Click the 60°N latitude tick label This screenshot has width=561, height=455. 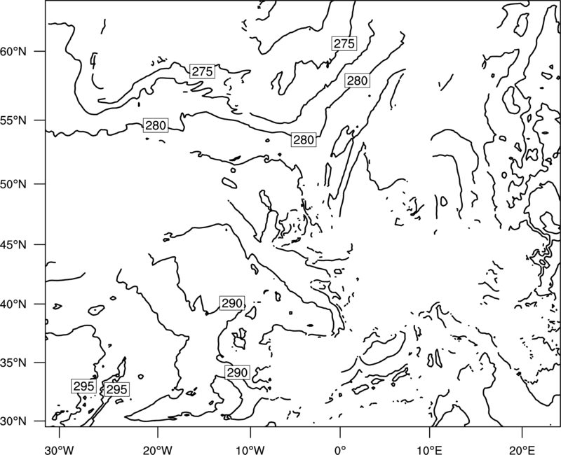point(13,51)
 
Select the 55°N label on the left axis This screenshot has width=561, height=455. point(13,120)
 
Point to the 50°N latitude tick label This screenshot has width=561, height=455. point(13,184)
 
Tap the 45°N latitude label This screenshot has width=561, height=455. point(13,244)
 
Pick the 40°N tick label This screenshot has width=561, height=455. point(13,304)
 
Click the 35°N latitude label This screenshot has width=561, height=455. point(13,363)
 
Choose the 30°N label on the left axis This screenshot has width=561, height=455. point(13,421)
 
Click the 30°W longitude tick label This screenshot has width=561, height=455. point(59,449)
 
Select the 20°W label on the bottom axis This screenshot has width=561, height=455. point(157,449)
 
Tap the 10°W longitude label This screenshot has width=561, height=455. point(250,449)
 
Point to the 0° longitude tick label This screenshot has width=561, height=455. point(340,449)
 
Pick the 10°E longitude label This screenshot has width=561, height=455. point(429,449)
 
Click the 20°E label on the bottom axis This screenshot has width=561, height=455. point(522,449)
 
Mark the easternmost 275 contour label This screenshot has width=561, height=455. point(344,43)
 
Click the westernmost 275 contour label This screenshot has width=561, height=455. point(202,71)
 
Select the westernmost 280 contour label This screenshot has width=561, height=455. point(156,125)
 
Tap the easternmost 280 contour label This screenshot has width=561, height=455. point(357,80)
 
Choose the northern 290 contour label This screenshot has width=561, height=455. point(232,303)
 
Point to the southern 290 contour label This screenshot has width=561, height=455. point(237,372)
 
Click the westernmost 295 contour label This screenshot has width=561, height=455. point(83,386)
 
